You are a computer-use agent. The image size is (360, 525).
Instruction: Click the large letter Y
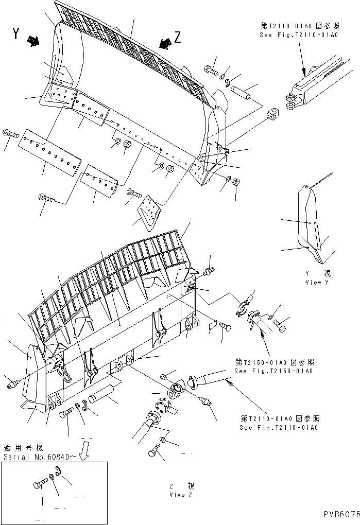(x=16, y=35)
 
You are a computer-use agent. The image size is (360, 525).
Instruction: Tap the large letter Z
(x=177, y=37)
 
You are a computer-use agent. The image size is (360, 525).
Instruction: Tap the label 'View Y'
(x=320, y=283)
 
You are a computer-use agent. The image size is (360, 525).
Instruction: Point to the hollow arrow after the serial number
(x=85, y=452)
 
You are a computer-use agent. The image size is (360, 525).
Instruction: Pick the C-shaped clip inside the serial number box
(x=60, y=472)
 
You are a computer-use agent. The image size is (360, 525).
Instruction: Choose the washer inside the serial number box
(x=52, y=478)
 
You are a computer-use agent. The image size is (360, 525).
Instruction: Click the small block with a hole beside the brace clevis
(x=273, y=114)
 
